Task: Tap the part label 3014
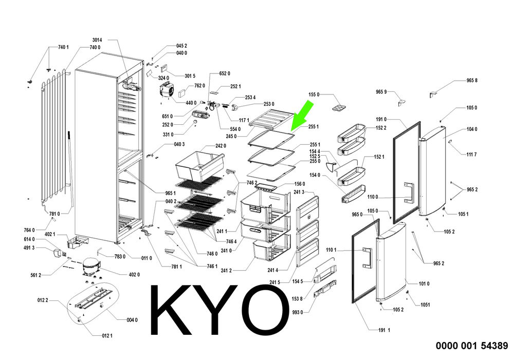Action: [x=97, y=40]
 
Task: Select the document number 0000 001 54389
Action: [x=472, y=346]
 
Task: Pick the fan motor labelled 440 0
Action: [x=167, y=90]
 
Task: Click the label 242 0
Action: [x=221, y=146]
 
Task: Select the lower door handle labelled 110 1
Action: [x=368, y=258]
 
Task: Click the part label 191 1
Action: [x=384, y=330]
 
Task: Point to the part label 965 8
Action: [x=472, y=80]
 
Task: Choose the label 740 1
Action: [x=63, y=47]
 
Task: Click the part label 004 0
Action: [x=132, y=320]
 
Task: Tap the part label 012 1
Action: [x=107, y=335]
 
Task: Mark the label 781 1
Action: [x=176, y=267]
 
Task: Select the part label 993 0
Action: [x=297, y=313]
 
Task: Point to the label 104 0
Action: [x=472, y=129]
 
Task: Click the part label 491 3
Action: [x=29, y=248]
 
